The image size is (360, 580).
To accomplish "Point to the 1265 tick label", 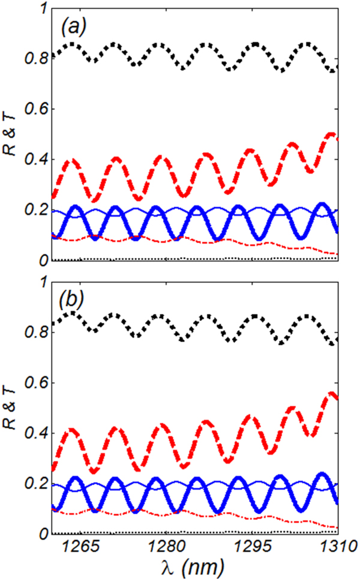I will pyautogui.click(x=80, y=547).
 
